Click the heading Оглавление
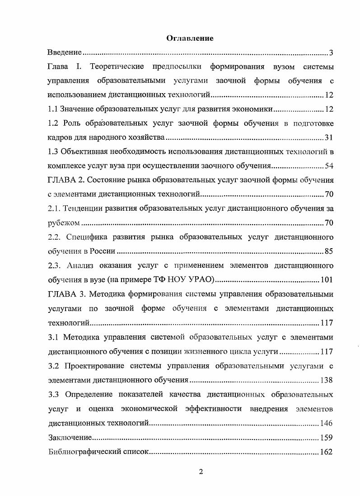point(190,38)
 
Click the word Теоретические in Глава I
point(117,67)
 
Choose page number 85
point(329,250)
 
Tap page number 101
point(327,279)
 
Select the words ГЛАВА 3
point(66,294)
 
